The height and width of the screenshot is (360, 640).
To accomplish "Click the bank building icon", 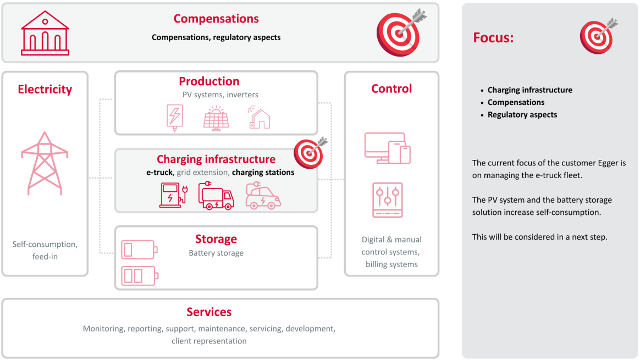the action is click(x=45, y=33).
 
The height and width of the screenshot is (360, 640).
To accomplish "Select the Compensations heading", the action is click(x=216, y=19).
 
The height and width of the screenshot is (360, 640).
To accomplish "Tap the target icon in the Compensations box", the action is click(x=401, y=32).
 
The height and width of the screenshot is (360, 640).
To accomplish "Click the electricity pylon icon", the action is click(x=45, y=163).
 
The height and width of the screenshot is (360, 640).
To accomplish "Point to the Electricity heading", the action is click(x=45, y=90).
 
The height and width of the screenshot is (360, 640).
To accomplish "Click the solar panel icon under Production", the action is click(x=216, y=119).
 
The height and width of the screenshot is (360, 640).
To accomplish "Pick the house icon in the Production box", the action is click(x=259, y=118).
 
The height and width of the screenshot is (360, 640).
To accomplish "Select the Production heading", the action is click(x=209, y=81).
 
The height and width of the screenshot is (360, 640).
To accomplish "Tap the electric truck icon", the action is click(x=216, y=196).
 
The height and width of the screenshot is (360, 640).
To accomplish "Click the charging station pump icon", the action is click(x=173, y=195).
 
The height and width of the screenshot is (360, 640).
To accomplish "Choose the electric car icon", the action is click(x=263, y=196).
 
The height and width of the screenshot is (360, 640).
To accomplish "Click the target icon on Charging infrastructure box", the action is click(x=310, y=153).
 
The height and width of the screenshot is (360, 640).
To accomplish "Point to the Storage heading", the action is click(x=216, y=239).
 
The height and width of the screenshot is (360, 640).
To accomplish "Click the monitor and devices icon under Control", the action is click(x=387, y=148).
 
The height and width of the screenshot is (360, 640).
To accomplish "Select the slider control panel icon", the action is click(x=387, y=200).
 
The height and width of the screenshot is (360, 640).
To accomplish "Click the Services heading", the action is click(x=209, y=312).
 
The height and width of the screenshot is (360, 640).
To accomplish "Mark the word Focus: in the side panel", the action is click(x=493, y=37).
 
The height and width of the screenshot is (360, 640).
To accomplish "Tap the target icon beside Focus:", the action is click(x=598, y=36).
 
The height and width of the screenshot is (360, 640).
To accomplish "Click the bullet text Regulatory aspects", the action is click(x=522, y=115).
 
